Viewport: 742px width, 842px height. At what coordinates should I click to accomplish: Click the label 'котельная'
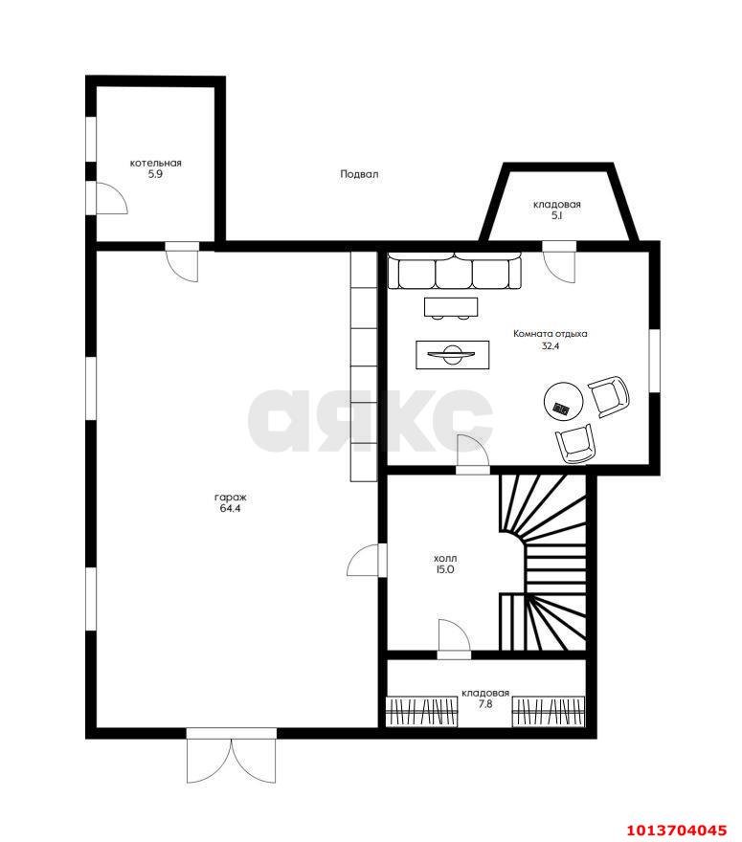[x=155, y=163]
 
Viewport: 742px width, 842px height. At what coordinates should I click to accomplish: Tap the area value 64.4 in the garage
[x=230, y=508]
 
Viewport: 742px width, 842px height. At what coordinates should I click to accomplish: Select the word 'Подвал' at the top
[x=359, y=174]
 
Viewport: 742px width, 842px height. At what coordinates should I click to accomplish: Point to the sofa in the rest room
[x=455, y=272]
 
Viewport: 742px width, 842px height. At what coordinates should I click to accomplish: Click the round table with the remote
[x=563, y=400]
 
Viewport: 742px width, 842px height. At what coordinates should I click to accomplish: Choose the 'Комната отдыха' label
[x=551, y=334]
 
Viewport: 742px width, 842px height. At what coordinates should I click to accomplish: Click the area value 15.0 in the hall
[x=445, y=569]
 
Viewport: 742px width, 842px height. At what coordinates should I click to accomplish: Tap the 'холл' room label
[x=445, y=559]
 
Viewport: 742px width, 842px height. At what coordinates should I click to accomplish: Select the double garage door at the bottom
[x=232, y=756]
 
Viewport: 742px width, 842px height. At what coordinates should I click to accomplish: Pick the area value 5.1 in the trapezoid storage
[x=556, y=216]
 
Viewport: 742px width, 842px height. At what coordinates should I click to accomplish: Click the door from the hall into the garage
[x=367, y=560]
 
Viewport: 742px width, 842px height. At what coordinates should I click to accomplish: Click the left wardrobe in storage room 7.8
[x=422, y=712]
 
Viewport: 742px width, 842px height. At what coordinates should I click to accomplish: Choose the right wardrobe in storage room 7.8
[x=548, y=712]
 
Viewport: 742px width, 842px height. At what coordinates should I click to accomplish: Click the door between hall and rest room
[x=473, y=454]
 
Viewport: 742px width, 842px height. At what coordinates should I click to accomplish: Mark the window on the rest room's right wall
[x=655, y=361]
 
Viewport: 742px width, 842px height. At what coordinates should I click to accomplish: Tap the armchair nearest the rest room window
[x=609, y=396]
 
